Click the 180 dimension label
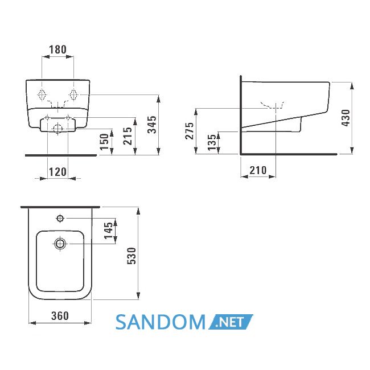click(58, 50)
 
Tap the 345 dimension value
click(152, 125)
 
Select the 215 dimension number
click(128, 136)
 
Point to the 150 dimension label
click(104, 142)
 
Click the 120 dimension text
click(58, 172)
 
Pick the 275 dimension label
click(189, 131)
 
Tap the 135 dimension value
click(212, 142)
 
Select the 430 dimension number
click(346, 118)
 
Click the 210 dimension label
click(258, 170)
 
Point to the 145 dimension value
click(109, 231)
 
